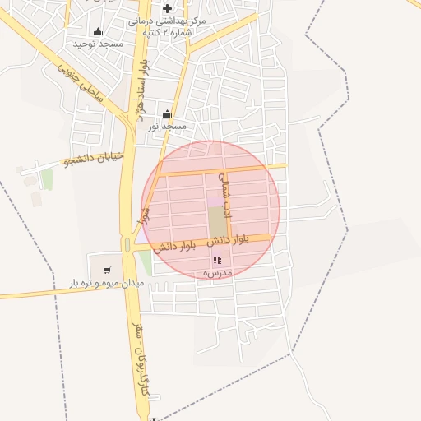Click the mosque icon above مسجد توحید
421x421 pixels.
point(99,32)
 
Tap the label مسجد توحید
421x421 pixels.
point(98,43)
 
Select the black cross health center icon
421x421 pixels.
point(167,8)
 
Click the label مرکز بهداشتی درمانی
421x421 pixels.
point(173,21)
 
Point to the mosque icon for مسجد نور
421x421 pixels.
point(168,114)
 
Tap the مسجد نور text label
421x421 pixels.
point(168,126)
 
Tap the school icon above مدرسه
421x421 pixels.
point(217,260)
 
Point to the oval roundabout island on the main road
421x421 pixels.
point(127,244)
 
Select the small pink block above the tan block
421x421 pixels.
point(215,201)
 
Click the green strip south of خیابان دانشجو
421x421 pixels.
point(48,179)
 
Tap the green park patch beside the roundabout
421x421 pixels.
point(145,263)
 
